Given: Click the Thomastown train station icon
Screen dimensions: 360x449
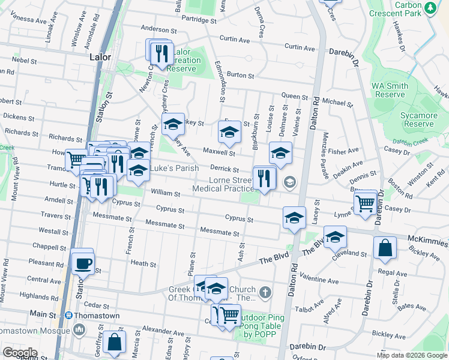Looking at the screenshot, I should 69,316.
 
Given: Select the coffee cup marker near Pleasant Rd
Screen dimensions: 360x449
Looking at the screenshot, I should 83,262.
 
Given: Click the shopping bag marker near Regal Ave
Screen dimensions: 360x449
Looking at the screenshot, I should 385,248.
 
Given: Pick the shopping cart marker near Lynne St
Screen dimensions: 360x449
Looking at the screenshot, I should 365,203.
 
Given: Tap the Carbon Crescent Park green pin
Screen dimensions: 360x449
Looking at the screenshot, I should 430,8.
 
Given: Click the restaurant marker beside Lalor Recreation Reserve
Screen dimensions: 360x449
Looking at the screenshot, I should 161,53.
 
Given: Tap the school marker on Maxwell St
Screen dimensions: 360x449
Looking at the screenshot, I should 229,133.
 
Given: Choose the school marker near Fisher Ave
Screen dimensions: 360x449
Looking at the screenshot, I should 280,154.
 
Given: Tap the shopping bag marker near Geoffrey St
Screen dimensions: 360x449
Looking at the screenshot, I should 114,343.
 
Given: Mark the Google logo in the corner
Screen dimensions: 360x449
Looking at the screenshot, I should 20,353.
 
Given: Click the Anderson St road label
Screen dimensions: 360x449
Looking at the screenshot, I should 158,29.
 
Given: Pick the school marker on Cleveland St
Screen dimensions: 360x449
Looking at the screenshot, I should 335,237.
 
